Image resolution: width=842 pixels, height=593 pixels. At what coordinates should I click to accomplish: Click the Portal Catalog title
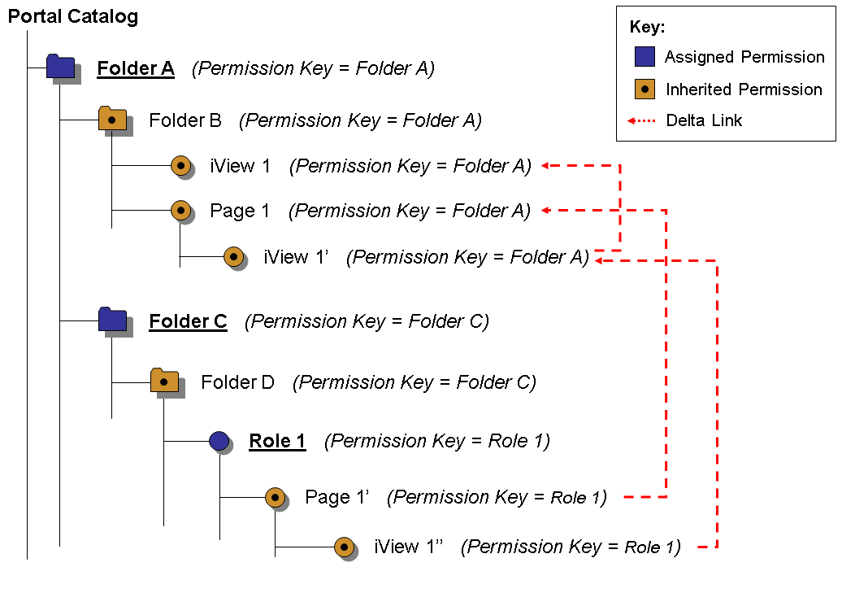click(x=73, y=16)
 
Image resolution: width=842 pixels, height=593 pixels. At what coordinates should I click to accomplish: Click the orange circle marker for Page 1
click(x=180, y=210)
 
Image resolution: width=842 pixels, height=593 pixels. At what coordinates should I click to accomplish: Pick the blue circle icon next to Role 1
click(x=219, y=441)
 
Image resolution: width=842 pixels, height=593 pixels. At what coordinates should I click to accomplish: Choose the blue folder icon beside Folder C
click(x=112, y=320)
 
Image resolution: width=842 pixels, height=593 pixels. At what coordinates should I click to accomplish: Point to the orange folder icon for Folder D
click(x=164, y=380)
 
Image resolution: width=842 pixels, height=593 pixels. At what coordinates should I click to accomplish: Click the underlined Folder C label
click(x=188, y=321)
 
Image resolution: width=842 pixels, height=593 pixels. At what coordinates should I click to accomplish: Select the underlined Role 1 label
click(x=277, y=441)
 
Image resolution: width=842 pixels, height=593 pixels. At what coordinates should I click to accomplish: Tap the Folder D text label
click(x=237, y=382)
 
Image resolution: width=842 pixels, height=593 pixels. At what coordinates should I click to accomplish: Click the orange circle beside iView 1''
click(x=344, y=547)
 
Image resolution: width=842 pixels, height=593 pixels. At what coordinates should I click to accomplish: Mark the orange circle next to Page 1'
click(x=275, y=496)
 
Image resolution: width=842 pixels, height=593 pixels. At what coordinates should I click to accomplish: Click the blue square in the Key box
click(x=645, y=57)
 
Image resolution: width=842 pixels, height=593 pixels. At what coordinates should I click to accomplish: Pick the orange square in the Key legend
click(x=645, y=89)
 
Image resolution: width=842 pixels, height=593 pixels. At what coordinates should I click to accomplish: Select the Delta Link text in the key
click(x=704, y=120)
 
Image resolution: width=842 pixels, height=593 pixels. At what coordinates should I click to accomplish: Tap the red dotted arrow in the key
click(x=641, y=121)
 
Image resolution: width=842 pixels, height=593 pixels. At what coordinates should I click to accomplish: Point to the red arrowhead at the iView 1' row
click(x=600, y=260)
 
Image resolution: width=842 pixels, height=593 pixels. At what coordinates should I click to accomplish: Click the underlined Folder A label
click(x=136, y=68)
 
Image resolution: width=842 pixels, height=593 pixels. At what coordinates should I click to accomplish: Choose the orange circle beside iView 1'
click(x=233, y=256)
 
